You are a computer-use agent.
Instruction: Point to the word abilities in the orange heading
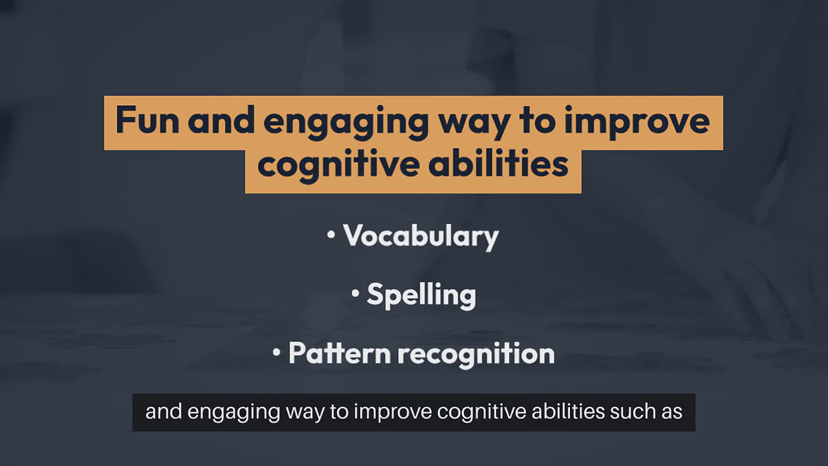(x=499, y=164)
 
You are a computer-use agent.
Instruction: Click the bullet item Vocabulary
(x=421, y=237)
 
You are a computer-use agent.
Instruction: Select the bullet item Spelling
(x=421, y=296)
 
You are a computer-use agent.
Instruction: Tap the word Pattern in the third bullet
(x=340, y=353)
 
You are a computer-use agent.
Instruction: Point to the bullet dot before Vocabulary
(x=331, y=235)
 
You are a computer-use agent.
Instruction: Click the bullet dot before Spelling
(x=355, y=293)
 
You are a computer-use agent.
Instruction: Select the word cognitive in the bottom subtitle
(x=482, y=412)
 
